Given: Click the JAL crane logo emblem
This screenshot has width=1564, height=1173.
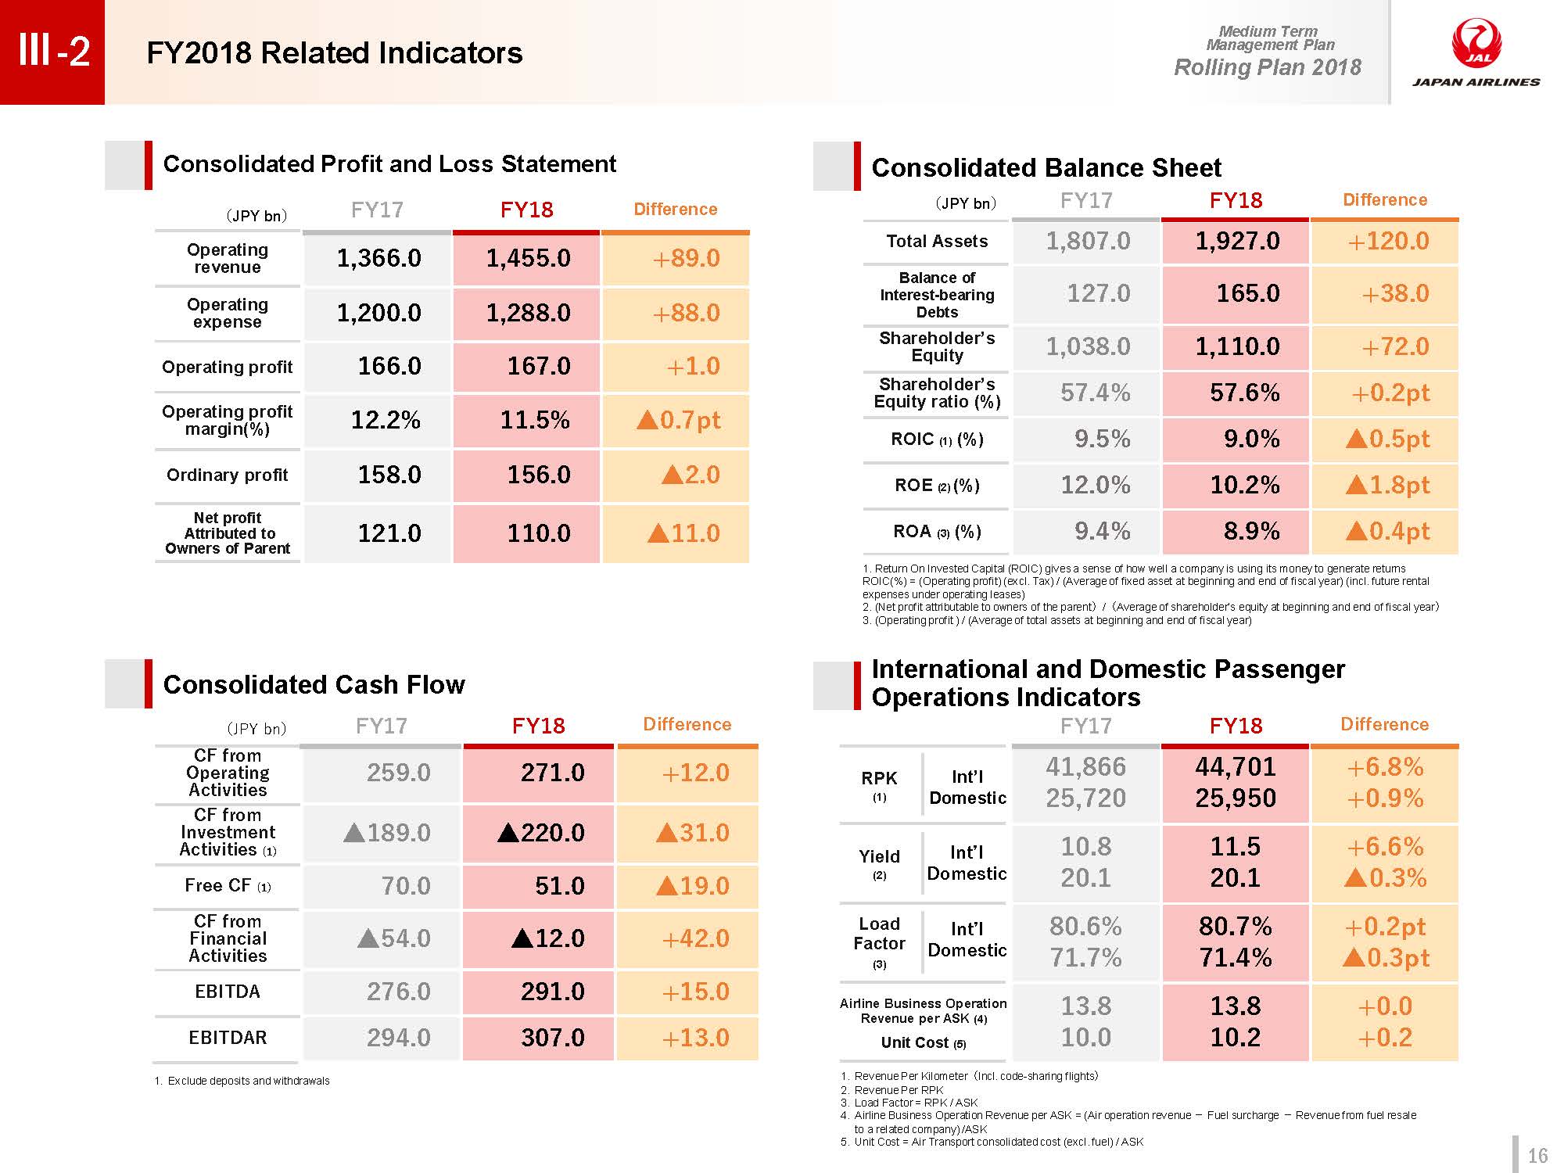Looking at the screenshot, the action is point(1476,44).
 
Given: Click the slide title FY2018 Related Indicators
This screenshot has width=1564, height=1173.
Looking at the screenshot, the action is point(335,53).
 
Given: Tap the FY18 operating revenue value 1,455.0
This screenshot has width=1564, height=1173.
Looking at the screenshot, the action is point(529,258).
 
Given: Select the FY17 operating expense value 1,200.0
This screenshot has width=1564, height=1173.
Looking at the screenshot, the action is point(379,313).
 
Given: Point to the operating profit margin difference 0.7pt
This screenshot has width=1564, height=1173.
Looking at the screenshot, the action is point(679,420).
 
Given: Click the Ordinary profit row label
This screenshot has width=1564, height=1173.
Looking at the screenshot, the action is point(228,475).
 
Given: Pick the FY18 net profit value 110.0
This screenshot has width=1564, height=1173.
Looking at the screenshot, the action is point(539,533).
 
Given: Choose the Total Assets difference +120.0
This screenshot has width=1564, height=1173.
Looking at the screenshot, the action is point(1388,241).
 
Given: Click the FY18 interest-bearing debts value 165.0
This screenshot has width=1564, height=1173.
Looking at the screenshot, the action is point(1248,293).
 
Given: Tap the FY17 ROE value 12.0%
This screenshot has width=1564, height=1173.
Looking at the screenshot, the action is point(1096,485).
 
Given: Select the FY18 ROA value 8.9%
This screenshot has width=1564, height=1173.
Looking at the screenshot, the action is point(1252,531).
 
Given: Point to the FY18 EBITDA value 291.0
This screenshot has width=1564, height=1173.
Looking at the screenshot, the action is point(553,992).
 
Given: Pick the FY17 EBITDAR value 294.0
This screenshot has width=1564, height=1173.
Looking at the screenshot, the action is point(399,1038).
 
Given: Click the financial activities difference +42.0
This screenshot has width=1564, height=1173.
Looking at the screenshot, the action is point(695,938).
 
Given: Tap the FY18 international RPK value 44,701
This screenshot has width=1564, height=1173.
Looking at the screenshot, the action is point(1236,766).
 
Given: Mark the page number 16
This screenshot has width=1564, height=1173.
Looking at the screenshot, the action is point(1537,1156).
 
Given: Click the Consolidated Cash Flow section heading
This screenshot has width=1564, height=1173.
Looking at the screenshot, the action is point(314,684).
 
